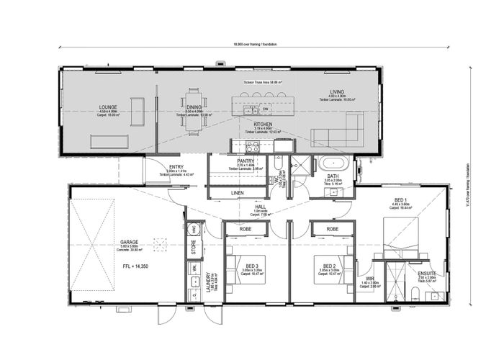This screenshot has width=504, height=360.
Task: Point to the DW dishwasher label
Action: click(255, 109)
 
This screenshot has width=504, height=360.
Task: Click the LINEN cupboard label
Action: click(238, 193)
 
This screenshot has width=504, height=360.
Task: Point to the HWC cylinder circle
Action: click(193, 230)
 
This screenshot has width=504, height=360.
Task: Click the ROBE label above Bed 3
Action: click(245, 229)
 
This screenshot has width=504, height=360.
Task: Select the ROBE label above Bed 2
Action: click(333, 229)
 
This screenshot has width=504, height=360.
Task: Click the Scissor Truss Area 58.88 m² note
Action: click(263, 83)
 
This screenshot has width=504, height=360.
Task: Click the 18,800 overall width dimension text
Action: click(256, 45)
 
